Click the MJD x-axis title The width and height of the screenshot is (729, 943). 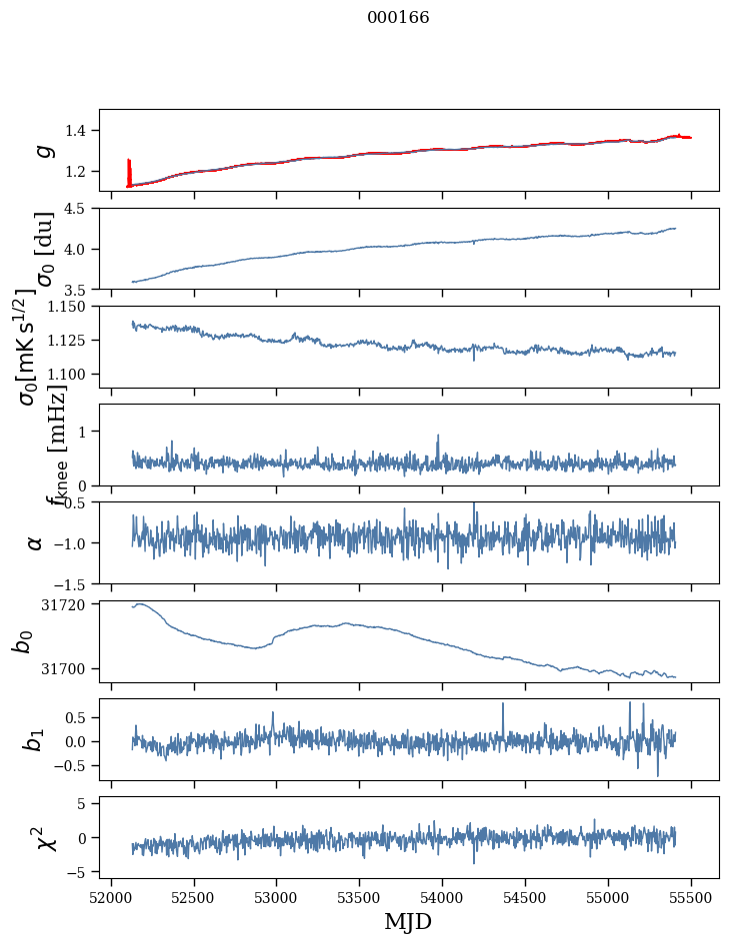pos(408,921)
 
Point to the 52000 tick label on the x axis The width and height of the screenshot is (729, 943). pos(111,897)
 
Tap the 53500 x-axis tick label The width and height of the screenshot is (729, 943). pos(359,897)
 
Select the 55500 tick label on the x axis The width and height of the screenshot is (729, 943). pos(691,897)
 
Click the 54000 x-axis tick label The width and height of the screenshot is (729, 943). pos(442,897)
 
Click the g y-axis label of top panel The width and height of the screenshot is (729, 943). pos(43,150)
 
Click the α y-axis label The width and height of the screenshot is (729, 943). pos(37,542)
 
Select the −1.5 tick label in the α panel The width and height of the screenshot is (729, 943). pos(76,583)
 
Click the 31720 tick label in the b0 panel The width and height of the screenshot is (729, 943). pos(71,604)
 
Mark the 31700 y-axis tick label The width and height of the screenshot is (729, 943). pos(71,667)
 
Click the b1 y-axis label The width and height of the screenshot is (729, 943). pos(35,739)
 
